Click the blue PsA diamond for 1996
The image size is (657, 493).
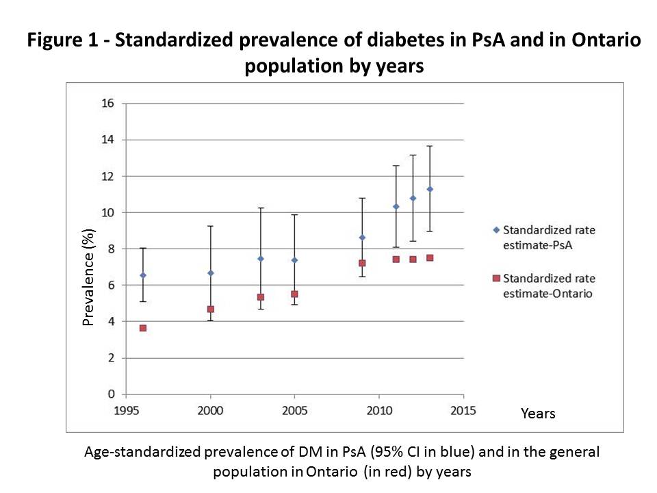(142, 275)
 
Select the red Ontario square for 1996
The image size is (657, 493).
(142, 328)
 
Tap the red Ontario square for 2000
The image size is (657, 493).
(210, 309)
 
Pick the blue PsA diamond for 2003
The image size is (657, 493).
(261, 259)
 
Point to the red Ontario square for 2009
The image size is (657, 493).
(362, 263)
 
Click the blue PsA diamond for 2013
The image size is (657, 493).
(430, 189)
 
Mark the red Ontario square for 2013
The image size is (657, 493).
(430, 258)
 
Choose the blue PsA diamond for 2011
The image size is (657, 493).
(396, 206)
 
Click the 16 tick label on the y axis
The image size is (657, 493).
(107, 104)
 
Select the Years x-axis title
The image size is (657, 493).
(538, 414)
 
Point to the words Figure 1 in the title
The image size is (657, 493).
(61, 41)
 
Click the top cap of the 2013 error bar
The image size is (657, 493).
(430, 146)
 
